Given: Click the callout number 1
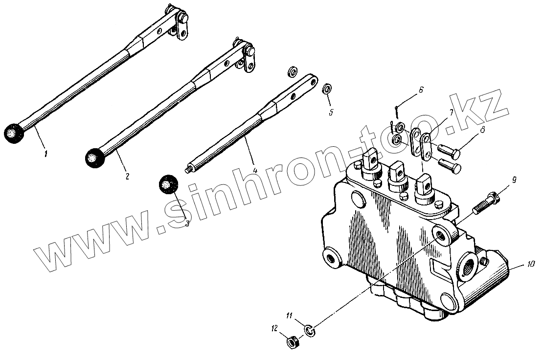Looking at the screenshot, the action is pos(46,154).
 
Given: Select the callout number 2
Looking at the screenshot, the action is pos(127,176).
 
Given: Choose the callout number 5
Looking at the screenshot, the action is pos(331,112).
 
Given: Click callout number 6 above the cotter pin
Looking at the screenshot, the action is pos(420,90).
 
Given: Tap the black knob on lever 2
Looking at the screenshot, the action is pos(91,156).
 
